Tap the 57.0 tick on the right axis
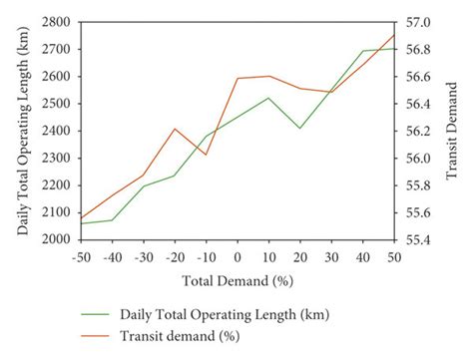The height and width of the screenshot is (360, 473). [416, 21]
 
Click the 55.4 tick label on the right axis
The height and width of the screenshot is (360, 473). [416, 239]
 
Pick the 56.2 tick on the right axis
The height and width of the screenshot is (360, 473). [416, 131]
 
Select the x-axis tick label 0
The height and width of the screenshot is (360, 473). [237, 255]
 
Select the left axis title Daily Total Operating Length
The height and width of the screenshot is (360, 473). [22, 130]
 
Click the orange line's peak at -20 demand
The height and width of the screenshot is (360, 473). [175, 129]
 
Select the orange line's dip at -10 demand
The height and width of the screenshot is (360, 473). [206, 155]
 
